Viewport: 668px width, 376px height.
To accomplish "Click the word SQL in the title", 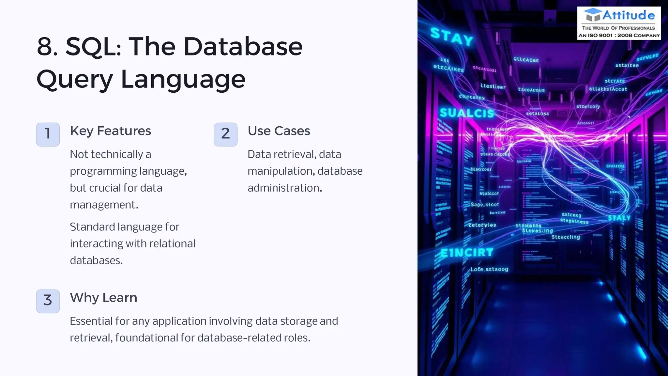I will (93, 47).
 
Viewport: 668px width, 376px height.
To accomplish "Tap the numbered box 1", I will (48, 134).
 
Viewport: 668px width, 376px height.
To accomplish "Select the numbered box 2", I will (225, 134).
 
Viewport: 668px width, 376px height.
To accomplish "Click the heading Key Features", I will (110, 131).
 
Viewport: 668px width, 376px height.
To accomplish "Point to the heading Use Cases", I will (279, 131).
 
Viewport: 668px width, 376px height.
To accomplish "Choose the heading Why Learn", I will (103, 298).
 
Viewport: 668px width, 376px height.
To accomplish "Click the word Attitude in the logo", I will (628, 15).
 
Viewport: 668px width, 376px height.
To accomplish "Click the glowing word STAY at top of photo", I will (451, 37).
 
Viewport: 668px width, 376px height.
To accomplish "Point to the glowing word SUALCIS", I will (467, 113).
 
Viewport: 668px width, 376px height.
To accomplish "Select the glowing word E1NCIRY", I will (467, 252).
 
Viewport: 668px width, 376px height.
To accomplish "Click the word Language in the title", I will (183, 79).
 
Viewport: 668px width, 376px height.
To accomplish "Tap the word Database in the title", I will (243, 47).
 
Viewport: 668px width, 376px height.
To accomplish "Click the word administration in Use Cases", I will (284, 188).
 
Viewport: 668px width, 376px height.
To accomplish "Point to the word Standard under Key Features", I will (92, 227).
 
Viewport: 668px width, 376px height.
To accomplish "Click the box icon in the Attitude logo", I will (592, 15).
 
